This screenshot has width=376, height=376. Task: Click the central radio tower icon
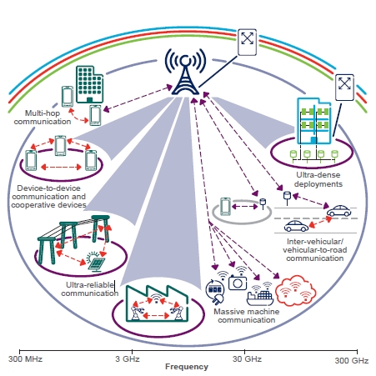click(x=185, y=72)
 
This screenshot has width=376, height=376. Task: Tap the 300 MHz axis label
click(x=25, y=359)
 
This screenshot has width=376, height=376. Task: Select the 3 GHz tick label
click(x=128, y=358)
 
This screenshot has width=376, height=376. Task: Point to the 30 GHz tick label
click(x=247, y=359)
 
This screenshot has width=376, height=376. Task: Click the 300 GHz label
click(x=352, y=361)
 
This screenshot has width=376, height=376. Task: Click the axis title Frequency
click(x=187, y=367)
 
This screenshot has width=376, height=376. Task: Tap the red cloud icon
click(x=295, y=291)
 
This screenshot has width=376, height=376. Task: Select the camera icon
click(x=238, y=282)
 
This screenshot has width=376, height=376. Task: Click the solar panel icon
click(x=96, y=262)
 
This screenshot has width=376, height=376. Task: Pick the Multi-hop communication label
click(x=43, y=118)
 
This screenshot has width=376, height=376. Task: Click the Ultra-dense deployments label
click(x=318, y=179)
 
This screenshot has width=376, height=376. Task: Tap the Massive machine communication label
click(x=247, y=316)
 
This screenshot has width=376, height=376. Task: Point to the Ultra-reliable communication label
click(x=89, y=289)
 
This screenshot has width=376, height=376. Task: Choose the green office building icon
click(x=90, y=84)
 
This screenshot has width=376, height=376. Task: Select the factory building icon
click(x=158, y=303)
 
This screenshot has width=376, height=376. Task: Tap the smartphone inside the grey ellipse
click(x=225, y=207)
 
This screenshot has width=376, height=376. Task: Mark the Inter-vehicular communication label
click(x=315, y=250)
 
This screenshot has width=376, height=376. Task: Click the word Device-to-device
click(x=48, y=188)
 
